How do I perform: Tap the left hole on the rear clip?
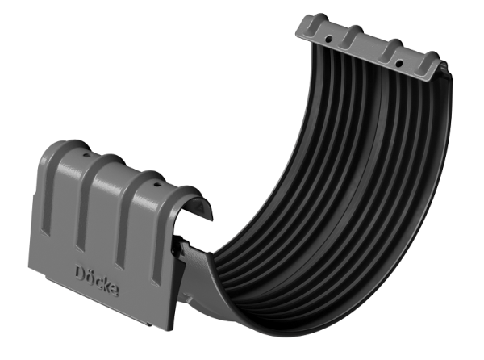point(330,38)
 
